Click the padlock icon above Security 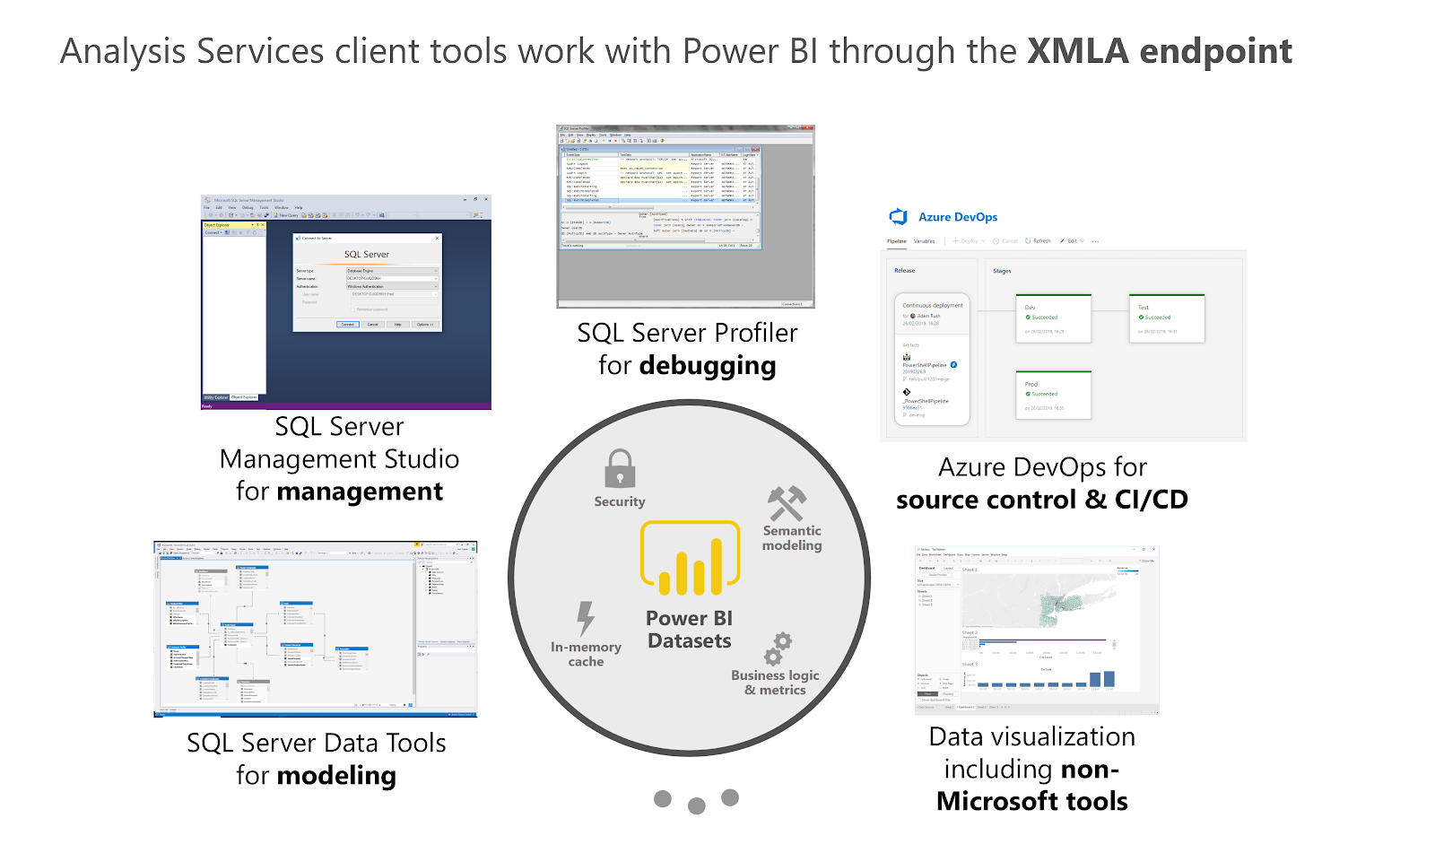[620, 469]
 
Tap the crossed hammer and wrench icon [787, 503]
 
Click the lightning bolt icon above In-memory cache [586, 618]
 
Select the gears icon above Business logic [778, 648]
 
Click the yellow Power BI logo [690, 559]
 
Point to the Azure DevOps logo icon [898, 217]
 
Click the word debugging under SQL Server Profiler [708, 366]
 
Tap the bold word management [360, 492]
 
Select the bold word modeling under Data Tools [336, 776]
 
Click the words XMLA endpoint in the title [1159, 52]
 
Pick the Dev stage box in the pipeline [1053, 318]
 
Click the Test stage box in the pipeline [1166, 318]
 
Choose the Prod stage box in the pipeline [1053, 396]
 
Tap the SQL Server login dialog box [368, 282]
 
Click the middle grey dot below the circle [696, 805]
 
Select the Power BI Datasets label [689, 630]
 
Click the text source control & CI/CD [1041, 500]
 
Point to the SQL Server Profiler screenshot [685, 215]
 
